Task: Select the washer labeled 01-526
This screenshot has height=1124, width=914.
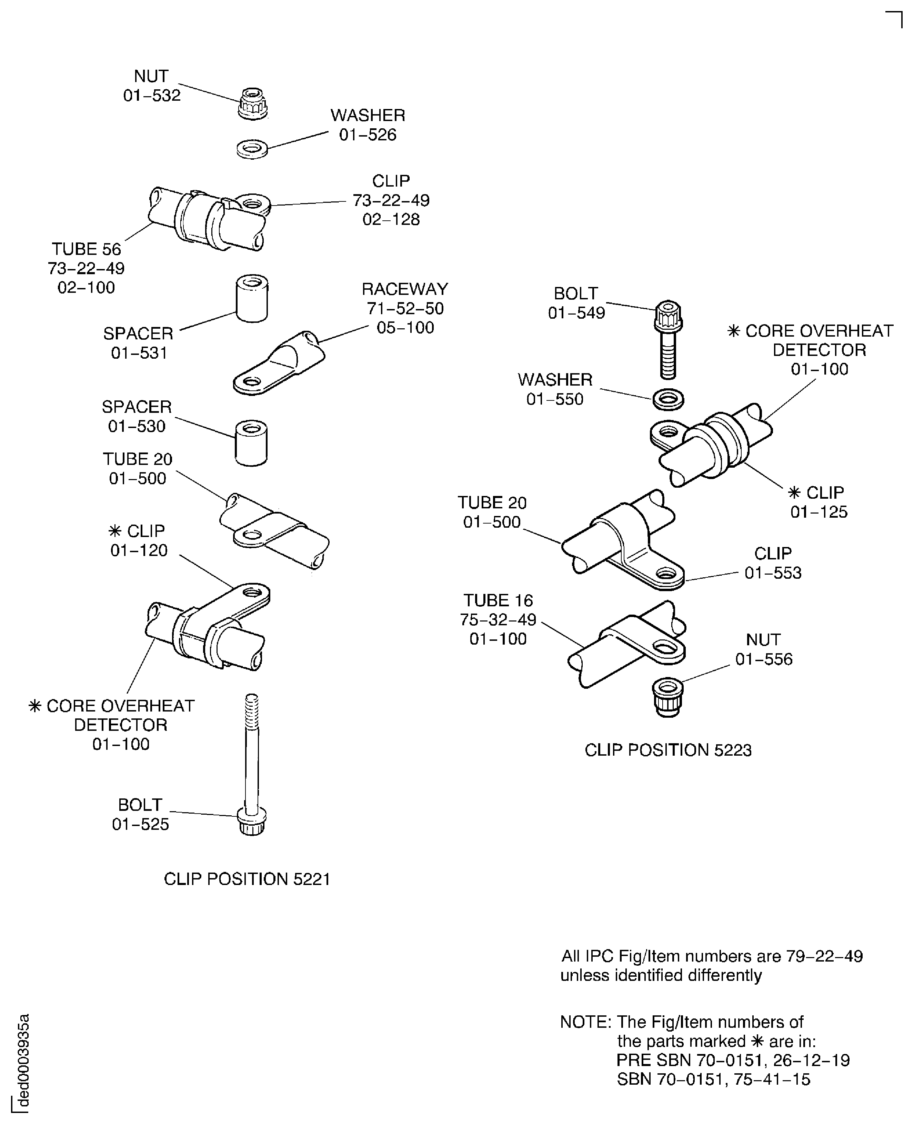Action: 252,149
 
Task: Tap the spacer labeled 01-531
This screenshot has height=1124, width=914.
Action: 252,298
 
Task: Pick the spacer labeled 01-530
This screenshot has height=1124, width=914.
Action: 251,442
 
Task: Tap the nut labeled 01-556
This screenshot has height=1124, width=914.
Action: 667,696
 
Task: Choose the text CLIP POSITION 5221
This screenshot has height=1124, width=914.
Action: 247,879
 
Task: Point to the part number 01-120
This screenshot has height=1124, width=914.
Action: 139,550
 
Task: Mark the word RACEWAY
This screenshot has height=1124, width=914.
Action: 404,289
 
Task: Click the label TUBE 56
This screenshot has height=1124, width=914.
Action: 86,249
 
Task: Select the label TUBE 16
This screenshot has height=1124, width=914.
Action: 498,600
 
